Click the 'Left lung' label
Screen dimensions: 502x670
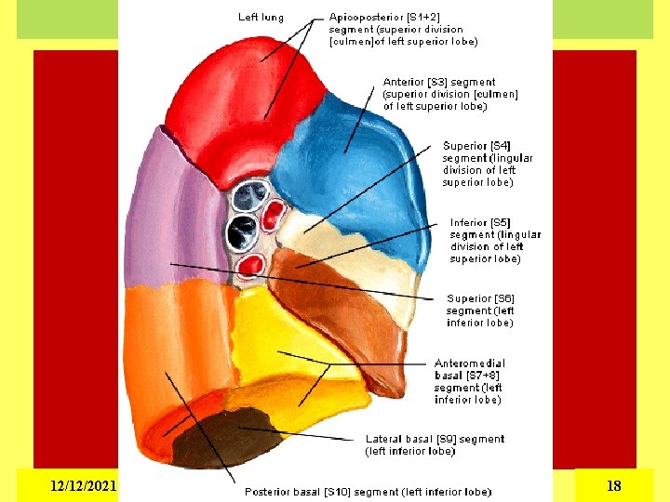click(261, 17)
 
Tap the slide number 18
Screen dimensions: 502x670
click(613, 485)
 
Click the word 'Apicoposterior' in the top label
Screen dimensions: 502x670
click(365, 17)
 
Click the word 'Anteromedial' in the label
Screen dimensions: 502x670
click(470, 363)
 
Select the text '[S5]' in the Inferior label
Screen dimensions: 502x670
click(501, 223)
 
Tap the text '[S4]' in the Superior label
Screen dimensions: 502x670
click(501, 146)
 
